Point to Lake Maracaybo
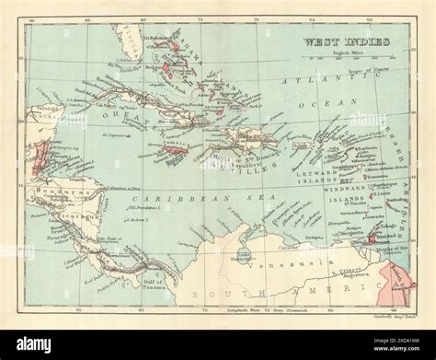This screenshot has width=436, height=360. coord(242,250)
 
